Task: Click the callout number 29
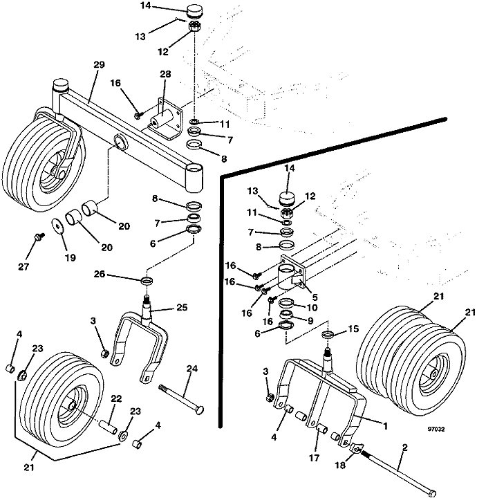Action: [x=99, y=64]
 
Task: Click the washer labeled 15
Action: [x=329, y=335]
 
